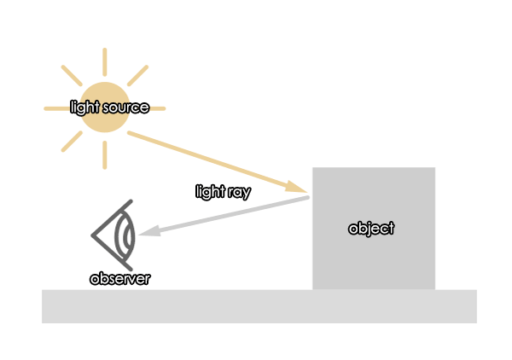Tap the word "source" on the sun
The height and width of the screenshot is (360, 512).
pyautogui.click(x=125, y=107)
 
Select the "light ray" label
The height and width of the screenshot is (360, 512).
pyautogui.click(x=223, y=192)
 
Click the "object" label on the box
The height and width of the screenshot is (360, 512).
pyautogui.click(x=371, y=229)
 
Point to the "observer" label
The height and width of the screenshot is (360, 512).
pyautogui.click(x=119, y=279)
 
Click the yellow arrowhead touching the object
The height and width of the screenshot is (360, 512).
pyautogui.click(x=296, y=187)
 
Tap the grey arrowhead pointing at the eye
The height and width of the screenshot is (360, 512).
pyautogui.click(x=150, y=230)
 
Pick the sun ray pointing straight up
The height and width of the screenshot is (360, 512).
pyautogui.click(x=104, y=62)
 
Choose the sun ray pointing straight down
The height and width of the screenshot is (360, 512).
pyautogui.click(x=104, y=155)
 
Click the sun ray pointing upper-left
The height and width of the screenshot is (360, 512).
pyautogui.click(x=72, y=76)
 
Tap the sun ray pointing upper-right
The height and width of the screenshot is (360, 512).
pyautogui.click(x=137, y=76)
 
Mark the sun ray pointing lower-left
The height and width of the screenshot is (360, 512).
pyautogui.click(x=72, y=142)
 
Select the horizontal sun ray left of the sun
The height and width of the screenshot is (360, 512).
pyautogui.click(x=57, y=108)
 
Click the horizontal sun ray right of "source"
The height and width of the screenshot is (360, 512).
pyautogui.click(x=158, y=108)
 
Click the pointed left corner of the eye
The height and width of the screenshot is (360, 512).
pyautogui.click(x=91, y=235)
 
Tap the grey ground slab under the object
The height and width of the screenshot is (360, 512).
pyautogui.click(x=259, y=306)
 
